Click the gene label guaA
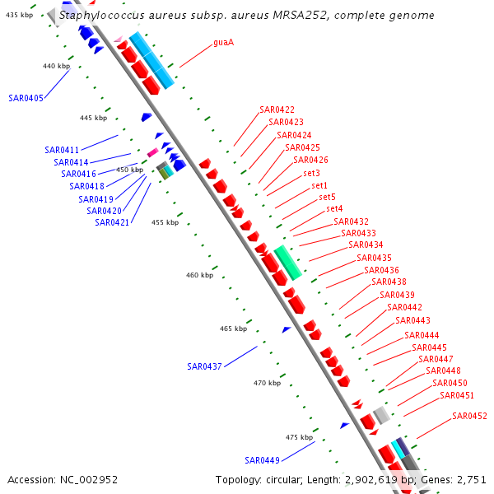(223, 42)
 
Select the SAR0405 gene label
(26, 97)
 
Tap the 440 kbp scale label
(57, 66)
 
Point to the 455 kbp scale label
(165, 222)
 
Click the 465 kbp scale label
(234, 329)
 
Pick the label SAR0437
(204, 366)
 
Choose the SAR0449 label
(262, 459)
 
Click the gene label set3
(311, 173)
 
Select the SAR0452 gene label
(469, 416)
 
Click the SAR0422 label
(277, 110)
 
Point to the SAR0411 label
(62, 150)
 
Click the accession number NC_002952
(90, 479)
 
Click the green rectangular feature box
(288, 262)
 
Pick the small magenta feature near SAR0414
(152, 152)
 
